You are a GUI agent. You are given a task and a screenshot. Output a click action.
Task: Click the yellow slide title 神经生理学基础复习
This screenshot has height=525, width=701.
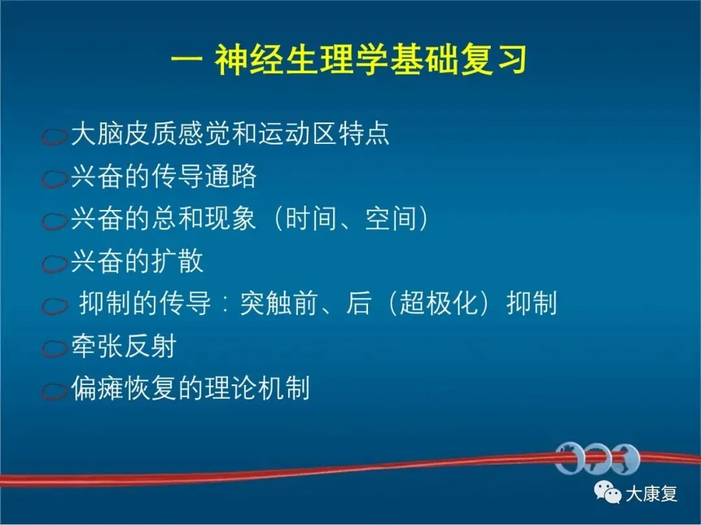coord(371,60)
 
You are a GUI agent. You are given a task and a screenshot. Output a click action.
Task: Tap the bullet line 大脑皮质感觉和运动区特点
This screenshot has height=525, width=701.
coord(230,133)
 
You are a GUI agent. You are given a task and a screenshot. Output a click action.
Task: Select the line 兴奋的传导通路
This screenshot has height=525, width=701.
coord(164,176)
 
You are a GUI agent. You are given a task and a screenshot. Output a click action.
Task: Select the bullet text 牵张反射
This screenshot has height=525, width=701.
coord(124,346)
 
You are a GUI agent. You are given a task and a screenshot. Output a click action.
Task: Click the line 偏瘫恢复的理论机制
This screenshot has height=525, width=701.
coord(190,388)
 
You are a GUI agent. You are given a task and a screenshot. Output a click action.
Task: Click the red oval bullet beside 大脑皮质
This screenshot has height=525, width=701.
coord(55,136)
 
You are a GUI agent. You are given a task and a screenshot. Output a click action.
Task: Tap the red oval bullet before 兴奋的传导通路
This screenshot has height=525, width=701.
coord(55,179)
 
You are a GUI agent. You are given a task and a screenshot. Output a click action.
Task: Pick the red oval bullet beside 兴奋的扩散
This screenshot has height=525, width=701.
coord(55,263)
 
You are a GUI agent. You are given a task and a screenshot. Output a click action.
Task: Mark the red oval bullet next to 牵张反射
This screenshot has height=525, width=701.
coord(55,349)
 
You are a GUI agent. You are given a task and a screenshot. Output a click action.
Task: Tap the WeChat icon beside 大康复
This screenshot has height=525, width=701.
coord(607,492)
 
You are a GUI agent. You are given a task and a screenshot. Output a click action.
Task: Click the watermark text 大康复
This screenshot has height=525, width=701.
coord(651,494)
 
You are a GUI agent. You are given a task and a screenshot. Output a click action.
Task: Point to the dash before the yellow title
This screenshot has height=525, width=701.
coord(188,60)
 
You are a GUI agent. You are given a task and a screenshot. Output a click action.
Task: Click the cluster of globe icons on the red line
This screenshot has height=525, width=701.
coord(598,459)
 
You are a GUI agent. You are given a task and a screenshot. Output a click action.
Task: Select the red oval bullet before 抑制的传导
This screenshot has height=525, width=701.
coord(55,306)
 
